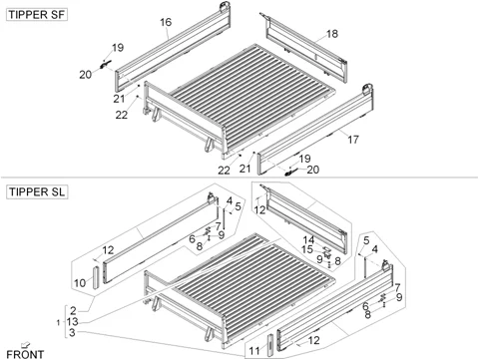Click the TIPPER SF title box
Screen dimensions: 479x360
[37, 15]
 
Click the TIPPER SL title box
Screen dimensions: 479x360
[37, 192]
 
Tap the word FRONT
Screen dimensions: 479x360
[25, 355]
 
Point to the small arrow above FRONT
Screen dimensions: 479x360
[25, 345]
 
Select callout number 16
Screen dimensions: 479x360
[166, 22]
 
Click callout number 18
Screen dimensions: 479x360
[332, 34]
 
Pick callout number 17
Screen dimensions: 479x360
[353, 140]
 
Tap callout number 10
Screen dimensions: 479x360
[80, 283]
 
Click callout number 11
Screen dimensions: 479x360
[254, 351]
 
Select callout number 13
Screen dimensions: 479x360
[72, 321]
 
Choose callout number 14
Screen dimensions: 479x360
[308, 239]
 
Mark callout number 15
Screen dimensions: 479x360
[307, 249]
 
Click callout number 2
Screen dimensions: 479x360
[73, 311]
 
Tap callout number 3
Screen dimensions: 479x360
[72, 332]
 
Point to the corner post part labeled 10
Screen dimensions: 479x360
[96, 277]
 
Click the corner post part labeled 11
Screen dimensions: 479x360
[270, 346]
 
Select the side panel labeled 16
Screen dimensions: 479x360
[173, 48]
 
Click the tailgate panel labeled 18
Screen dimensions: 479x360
[306, 49]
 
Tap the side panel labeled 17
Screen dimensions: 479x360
[315, 130]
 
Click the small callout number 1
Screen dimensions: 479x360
[59, 322]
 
